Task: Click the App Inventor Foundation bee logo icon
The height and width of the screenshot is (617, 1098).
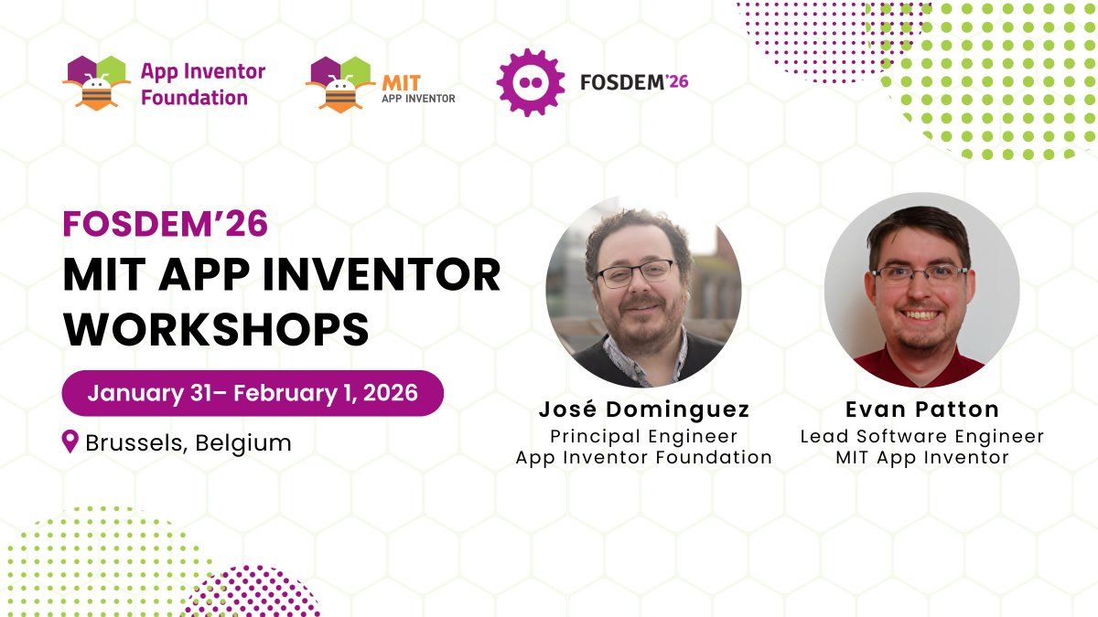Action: (x=96, y=82)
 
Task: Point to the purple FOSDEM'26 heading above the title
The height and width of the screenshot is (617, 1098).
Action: (x=165, y=223)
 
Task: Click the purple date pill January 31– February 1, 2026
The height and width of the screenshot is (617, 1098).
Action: (x=253, y=393)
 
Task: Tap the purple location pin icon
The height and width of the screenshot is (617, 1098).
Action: (x=70, y=442)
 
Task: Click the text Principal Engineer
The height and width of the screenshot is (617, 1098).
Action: (x=643, y=436)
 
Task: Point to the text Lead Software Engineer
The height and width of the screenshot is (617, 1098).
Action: (x=921, y=436)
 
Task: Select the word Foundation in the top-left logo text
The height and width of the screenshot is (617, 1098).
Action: (x=194, y=97)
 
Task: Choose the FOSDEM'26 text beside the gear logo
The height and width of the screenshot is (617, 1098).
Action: (x=634, y=82)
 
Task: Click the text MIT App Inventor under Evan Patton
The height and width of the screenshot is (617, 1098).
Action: (x=921, y=457)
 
